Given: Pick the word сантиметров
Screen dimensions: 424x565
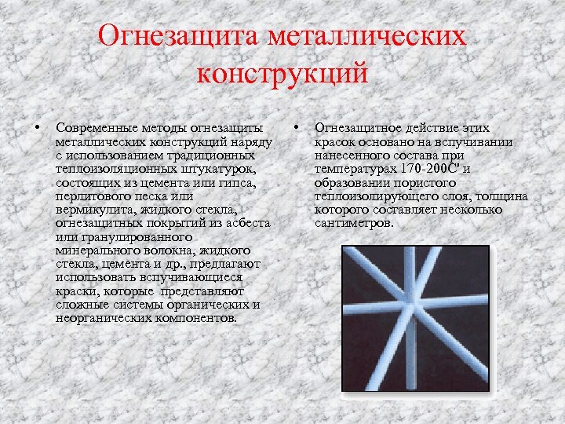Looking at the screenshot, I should click(x=352, y=223).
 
